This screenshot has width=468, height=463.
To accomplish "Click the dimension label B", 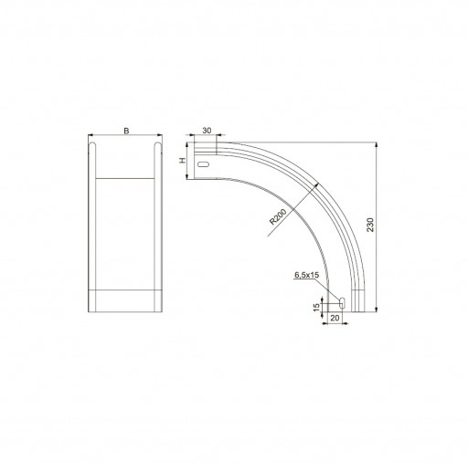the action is (126, 131).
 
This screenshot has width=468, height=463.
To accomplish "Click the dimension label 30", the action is (207, 131).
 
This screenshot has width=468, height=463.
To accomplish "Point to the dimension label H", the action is (182, 161).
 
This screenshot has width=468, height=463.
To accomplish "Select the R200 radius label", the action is (278, 216).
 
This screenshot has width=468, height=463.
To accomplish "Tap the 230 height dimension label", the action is (370, 225).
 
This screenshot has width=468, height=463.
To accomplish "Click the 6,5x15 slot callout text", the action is (306, 275).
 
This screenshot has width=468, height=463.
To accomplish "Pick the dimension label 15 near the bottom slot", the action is (317, 308).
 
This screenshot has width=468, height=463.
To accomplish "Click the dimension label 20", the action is (335, 318).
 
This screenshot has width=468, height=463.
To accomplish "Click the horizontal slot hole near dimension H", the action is (204, 164).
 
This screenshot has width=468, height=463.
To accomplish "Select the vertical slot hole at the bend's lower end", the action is (343, 303).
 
